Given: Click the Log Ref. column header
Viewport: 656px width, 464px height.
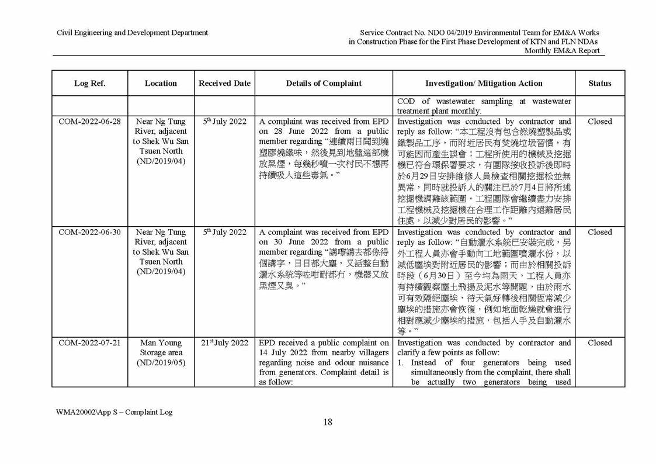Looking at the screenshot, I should tap(89, 83).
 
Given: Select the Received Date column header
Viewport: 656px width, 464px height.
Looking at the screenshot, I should tap(224, 83).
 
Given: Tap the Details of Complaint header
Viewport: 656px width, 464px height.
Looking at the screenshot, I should tap(324, 83).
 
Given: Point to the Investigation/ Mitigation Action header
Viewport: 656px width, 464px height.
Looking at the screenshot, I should tap(484, 83).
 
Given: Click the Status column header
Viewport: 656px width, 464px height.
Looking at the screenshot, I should tap(599, 83).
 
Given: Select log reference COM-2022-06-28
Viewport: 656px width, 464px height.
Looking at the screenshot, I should tap(89, 122).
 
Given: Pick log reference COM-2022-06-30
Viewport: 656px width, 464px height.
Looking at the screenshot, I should tap(89, 232).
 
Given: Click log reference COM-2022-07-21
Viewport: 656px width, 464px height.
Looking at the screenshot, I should tap(89, 343).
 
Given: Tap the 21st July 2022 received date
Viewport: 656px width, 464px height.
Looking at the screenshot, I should tap(224, 343).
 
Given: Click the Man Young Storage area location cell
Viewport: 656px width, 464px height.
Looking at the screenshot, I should tap(161, 348).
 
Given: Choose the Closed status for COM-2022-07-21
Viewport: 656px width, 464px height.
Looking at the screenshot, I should tap(599, 343).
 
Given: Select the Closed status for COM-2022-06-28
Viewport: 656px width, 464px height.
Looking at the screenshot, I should tap(599, 122).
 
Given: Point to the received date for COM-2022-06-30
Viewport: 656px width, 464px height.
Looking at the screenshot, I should tap(224, 232).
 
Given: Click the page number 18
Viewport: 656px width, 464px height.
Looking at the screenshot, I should tap(328, 423).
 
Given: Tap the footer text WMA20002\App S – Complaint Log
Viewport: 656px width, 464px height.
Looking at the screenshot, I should tap(114, 412).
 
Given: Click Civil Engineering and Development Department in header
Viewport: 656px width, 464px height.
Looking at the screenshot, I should tap(132, 33).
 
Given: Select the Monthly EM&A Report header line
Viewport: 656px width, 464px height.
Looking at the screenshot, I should tap(561, 51).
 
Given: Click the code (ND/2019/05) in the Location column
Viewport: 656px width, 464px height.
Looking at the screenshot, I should tap(161, 363).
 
